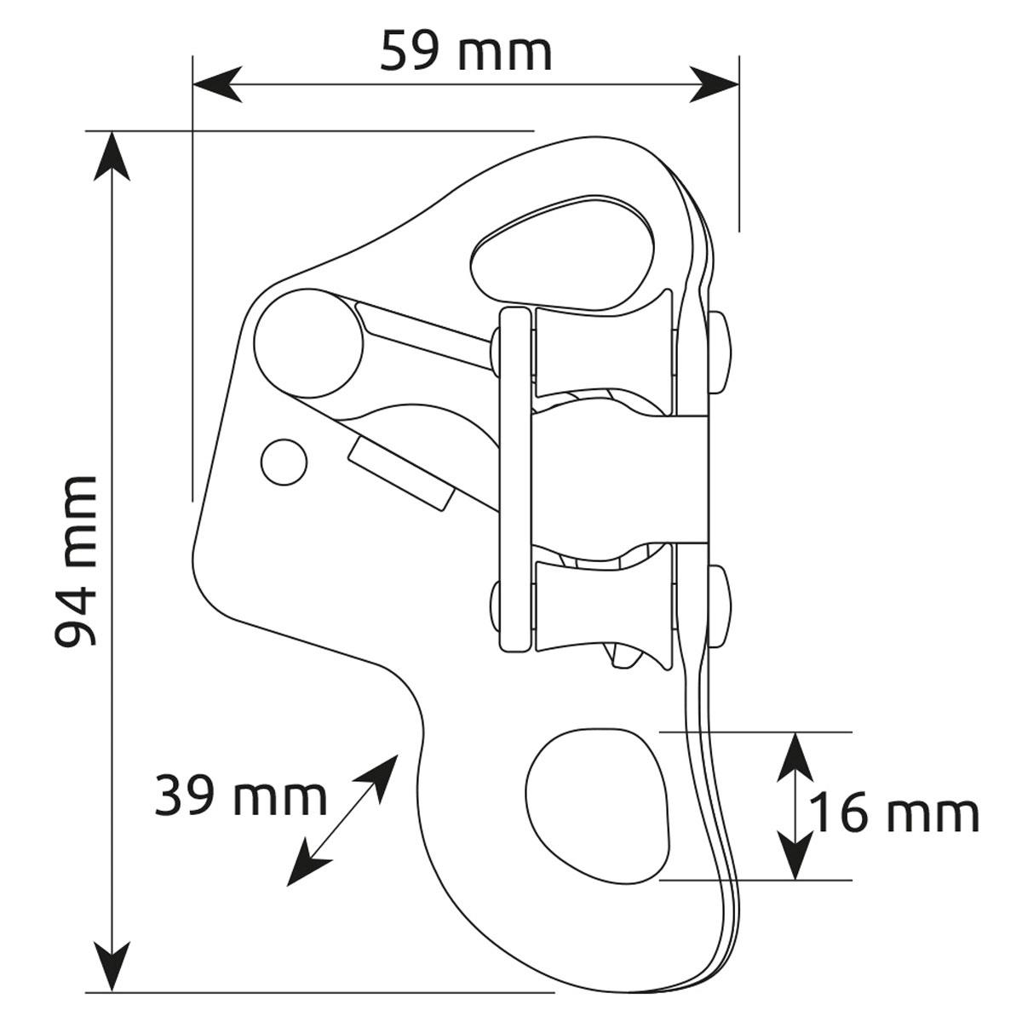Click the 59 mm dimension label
466,51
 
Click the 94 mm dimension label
75,560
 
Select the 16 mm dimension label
895,815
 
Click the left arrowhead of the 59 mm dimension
217,84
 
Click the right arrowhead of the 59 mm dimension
714,84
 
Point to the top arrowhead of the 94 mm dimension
112,157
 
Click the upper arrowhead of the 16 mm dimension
795,758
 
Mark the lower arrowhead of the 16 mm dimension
795,854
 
